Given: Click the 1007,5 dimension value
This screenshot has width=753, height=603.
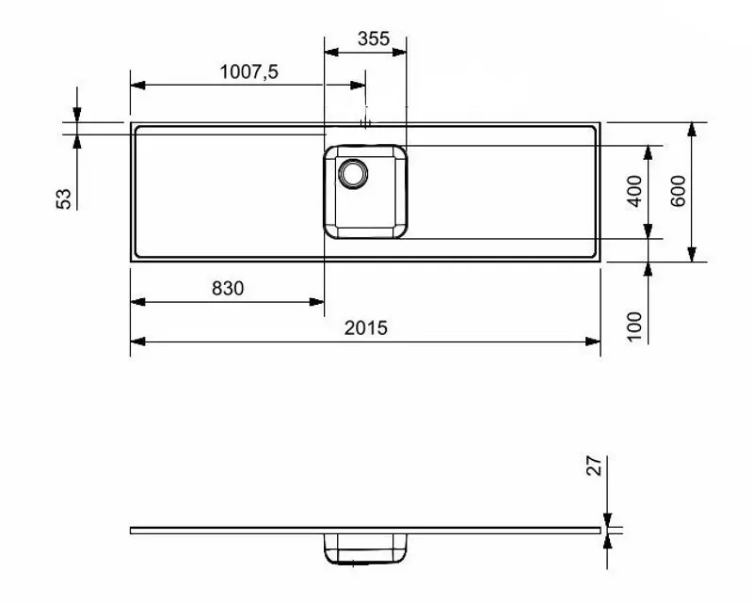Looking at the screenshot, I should point(248,71).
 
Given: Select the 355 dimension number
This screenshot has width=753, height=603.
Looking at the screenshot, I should point(373,40).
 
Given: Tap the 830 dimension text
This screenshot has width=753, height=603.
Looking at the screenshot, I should point(227,289).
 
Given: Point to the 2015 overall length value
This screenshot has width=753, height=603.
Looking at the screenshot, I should point(365,327).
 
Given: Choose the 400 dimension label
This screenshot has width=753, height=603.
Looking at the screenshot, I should point(634,191).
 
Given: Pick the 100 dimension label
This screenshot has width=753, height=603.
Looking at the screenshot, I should point(633,325).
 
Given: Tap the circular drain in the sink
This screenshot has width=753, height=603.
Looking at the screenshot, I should point(354,172).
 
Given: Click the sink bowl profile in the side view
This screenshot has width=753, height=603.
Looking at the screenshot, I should point(367,548).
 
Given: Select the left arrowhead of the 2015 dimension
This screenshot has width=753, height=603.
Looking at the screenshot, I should point(136,340).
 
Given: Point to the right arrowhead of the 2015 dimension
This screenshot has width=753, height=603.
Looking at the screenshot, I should point(594,340).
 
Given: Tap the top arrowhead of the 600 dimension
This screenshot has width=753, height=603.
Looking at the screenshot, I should point(692,129).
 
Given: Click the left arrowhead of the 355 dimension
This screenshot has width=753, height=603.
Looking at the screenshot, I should point(330,52).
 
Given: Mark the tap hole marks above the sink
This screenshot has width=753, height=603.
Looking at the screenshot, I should point(367,121).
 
